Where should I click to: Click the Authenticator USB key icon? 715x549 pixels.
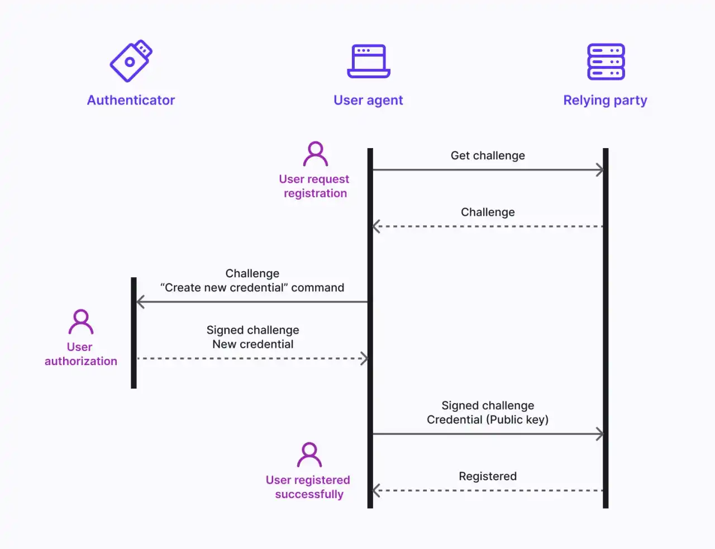tap(131, 61)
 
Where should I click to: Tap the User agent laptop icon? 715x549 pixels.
tap(369, 61)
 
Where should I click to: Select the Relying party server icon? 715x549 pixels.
tap(606, 61)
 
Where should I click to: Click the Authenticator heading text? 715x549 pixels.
tap(131, 100)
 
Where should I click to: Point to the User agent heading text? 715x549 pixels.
tap(368, 101)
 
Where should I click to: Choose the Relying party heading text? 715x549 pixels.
tap(605, 101)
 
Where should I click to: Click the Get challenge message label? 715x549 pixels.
tap(488, 155)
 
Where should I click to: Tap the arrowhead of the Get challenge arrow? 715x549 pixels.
tap(600, 170)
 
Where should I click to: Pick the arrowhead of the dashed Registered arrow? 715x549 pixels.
tap(376, 490)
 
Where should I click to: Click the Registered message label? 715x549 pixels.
tap(488, 476)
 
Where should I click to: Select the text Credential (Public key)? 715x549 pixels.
tap(488, 420)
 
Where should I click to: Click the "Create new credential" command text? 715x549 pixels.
tap(252, 288)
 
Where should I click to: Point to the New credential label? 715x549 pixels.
tap(252, 344)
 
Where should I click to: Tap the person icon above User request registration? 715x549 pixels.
tap(316, 154)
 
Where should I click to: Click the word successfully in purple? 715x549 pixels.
tap(309, 494)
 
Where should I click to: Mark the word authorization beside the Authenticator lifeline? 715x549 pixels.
tap(81, 361)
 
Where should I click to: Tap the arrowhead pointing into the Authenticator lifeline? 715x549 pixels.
tap(140, 302)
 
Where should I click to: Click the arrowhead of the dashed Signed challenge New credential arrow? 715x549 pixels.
tap(365, 358)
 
